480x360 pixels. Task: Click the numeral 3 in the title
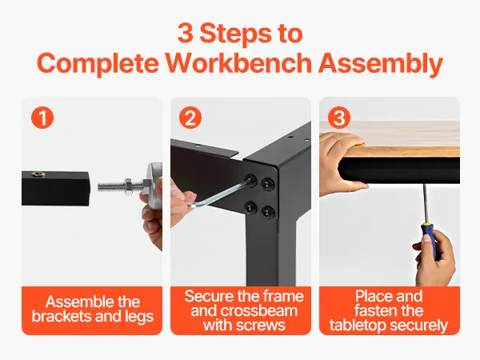186,33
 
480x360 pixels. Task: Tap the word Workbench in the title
238,62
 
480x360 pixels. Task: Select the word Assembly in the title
381,64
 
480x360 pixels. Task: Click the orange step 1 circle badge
42,118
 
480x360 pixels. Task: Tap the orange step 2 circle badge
190,118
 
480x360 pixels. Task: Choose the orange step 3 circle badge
339,118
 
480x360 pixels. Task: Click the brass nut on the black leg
38,174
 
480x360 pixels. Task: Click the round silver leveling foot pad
155,186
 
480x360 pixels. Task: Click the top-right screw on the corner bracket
267,184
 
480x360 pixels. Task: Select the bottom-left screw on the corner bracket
250,208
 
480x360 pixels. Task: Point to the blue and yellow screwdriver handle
430,242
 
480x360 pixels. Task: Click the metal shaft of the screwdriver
426,203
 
